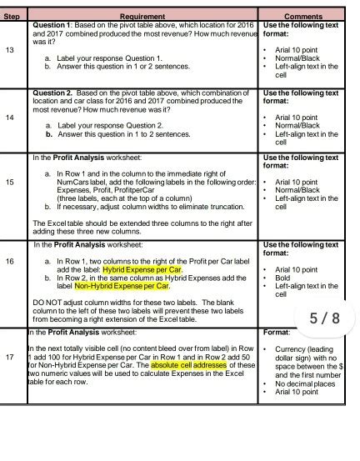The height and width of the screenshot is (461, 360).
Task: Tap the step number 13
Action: [x=9, y=50]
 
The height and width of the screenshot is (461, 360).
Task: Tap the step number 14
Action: [x=9, y=118]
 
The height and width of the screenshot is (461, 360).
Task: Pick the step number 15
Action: [x=9, y=181]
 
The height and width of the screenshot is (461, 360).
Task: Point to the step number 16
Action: [x=9, y=262]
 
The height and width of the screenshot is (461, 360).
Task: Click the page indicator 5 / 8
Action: [x=324, y=318]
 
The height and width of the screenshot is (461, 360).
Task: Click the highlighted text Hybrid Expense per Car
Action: [x=142, y=270]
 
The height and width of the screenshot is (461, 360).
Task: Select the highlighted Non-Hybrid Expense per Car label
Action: [x=122, y=286]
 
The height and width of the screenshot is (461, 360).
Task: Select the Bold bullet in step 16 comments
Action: [x=283, y=278]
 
